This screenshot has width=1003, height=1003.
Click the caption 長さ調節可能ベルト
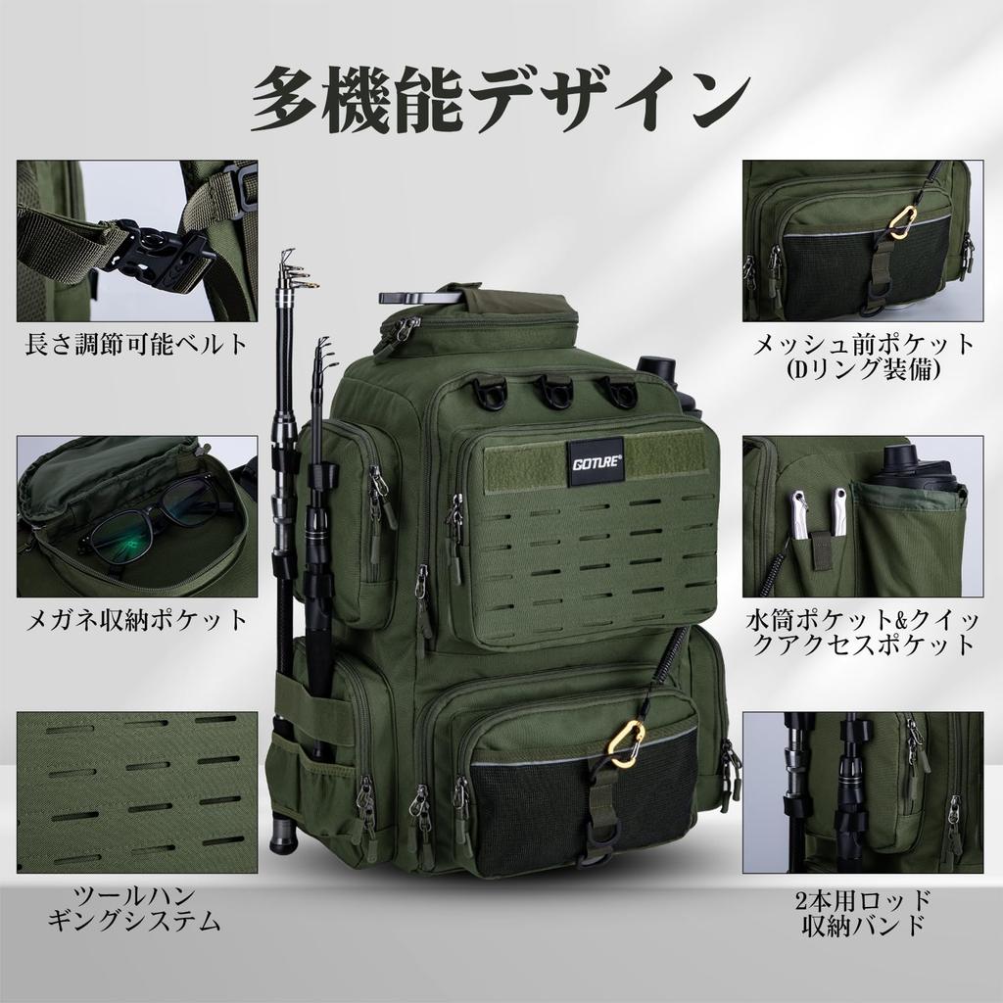[x=136, y=346]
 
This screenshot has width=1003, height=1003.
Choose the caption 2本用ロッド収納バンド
[x=863, y=912]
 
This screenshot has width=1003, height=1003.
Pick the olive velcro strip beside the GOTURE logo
[x=665, y=456]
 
